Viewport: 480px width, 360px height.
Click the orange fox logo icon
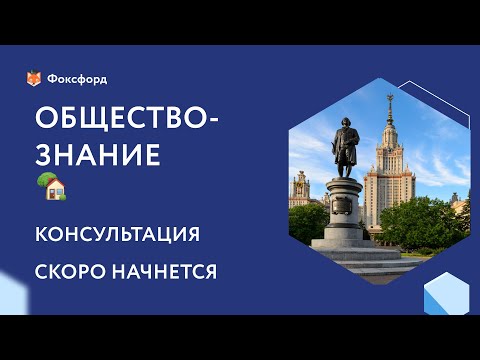click(x=34, y=79)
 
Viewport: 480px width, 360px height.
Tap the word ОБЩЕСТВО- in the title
click(x=125, y=118)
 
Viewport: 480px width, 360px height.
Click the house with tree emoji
click(x=50, y=187)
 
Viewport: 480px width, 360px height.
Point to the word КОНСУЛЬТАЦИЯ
click(x=118, y=234)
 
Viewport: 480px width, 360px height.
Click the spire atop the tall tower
click(x=391, y=104)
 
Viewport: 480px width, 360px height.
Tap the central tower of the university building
click(x=391, y=160)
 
